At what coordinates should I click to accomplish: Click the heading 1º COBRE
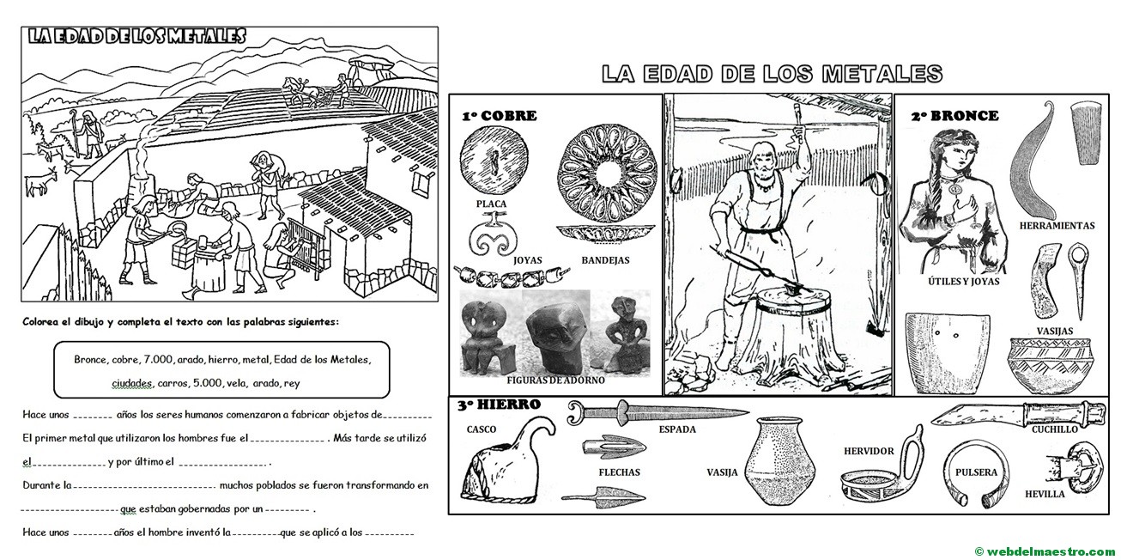click(499, 116)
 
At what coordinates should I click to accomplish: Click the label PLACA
click(490, 204)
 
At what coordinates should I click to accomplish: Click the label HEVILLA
click(1045, 494)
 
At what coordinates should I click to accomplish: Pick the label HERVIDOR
click(869, 451)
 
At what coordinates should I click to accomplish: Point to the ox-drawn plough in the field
click(313, 88)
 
